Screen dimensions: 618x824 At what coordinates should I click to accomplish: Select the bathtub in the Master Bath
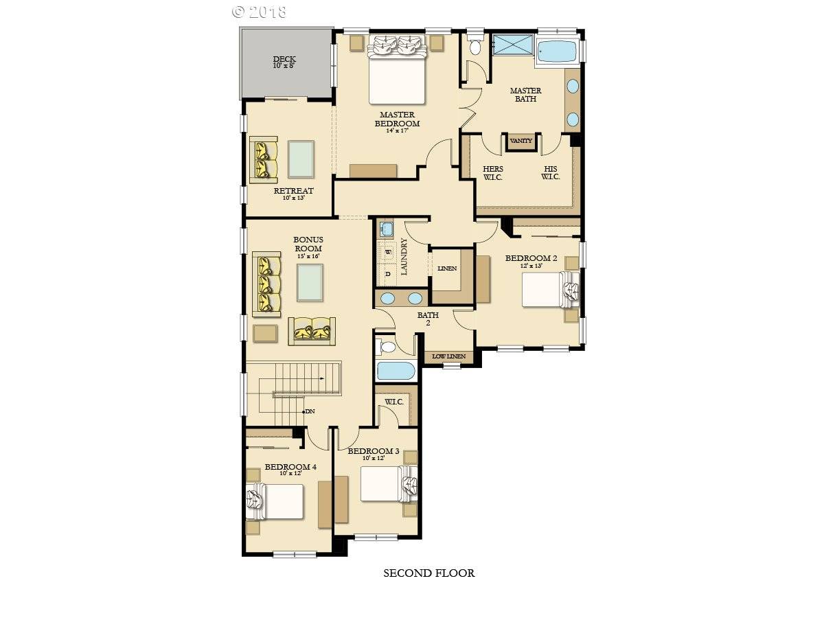click(x=557, y=51)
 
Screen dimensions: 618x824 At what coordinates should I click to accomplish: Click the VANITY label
click(x=521, y=141)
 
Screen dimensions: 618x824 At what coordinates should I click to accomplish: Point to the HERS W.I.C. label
click(x=493, y=172)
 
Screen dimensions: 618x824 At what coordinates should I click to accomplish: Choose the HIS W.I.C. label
click(x=550, y=172)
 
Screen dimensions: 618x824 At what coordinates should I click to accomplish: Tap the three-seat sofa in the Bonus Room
click(x=267, y=284)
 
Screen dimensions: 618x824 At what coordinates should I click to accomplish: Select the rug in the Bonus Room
click(x=310, y=282)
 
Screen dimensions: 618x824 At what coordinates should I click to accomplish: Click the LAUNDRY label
click(x=404, y=256)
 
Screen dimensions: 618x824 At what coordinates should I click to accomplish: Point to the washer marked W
click(x=388, y=252)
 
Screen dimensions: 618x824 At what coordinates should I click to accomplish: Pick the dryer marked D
click(x=388, y=274)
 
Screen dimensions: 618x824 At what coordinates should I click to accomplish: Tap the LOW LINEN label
click(x=448, y=356)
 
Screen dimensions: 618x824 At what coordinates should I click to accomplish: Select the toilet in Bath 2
click(x=387, y=346)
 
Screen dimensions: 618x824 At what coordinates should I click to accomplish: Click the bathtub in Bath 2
click(x=396, y=371)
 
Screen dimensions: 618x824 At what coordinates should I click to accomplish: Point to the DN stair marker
click(x=309, y=411)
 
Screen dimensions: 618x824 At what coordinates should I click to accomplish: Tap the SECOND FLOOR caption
click(x=428, y=573)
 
